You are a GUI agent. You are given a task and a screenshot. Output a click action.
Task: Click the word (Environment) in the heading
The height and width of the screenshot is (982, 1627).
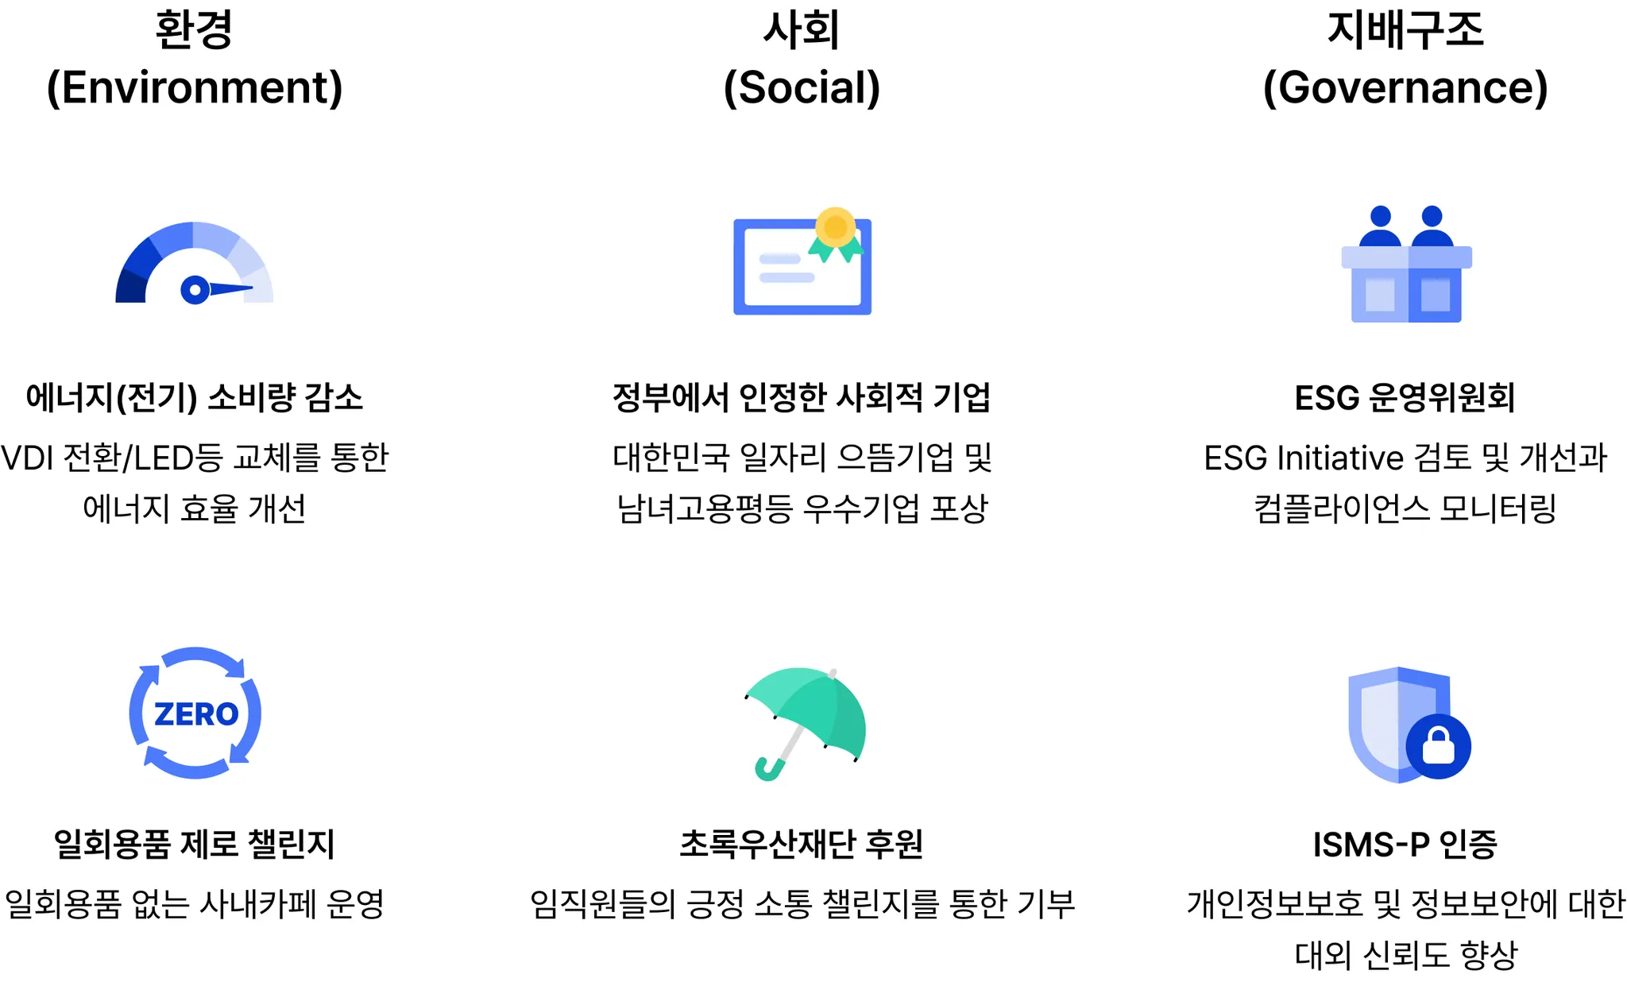[x=195, y=87]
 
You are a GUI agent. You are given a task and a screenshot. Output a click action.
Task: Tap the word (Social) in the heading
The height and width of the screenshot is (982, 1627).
[x=802, y=87]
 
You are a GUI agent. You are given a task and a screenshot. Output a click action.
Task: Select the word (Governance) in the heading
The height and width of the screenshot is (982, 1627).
[x=1405, y=87]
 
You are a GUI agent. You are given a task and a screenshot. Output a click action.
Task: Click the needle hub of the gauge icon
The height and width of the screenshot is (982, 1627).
[x=195, y=290]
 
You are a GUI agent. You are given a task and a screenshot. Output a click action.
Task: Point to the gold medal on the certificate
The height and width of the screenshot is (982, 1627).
[x=835, y=227]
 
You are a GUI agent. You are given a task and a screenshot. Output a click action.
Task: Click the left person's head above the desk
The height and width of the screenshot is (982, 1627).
[x=1381, y=216]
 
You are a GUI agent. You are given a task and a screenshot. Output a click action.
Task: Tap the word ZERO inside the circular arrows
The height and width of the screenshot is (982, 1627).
[x=195, y=714]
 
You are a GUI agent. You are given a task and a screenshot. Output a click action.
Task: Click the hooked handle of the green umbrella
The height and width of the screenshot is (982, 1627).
[x=768, y=769]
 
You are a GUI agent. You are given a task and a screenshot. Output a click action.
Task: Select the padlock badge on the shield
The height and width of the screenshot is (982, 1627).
[x=1438, y=747]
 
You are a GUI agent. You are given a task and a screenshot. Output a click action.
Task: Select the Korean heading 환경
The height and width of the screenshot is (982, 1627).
[x=194, y=30]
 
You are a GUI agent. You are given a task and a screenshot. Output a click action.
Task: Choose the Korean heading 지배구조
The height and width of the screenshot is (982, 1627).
[x=1405, y=30]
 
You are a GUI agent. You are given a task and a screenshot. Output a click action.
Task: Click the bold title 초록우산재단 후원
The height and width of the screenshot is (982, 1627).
[x=802, y=844]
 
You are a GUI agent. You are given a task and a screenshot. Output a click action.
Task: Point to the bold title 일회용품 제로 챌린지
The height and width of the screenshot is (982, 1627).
[x=195, y=844]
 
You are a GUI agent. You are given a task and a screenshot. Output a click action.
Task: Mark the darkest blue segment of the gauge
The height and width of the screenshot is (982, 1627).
[x=132, y=288]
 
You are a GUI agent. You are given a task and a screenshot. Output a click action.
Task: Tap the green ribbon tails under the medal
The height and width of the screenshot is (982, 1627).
[x=836, y=249]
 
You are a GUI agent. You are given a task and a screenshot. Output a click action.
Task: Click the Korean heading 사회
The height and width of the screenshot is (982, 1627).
[x=802, y=30]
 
